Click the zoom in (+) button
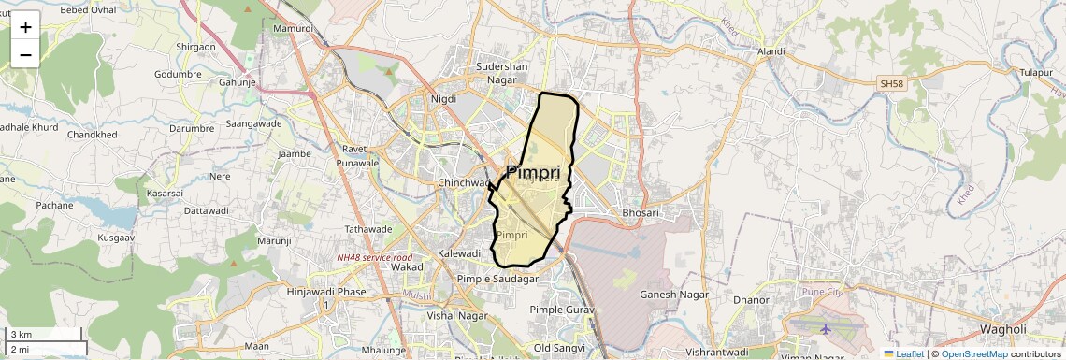25,26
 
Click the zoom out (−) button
25,54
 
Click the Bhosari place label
641,213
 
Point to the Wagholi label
1003,329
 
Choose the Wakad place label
408,267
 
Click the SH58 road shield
893,84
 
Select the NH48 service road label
375,257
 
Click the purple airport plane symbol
826,329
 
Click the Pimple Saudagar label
497,279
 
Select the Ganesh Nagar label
673,295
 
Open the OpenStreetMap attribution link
974,353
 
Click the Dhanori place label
753,300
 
